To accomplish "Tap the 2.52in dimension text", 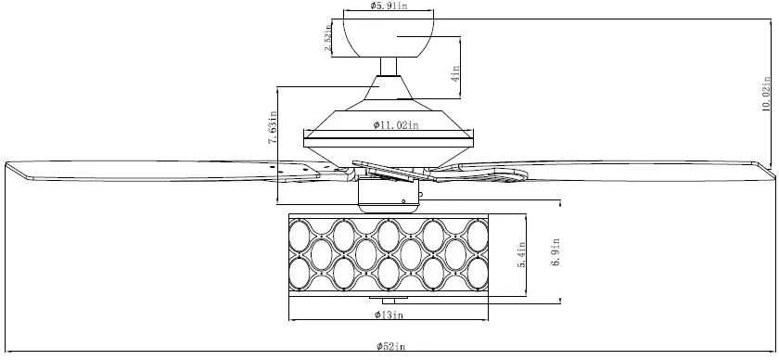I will coord(329,40).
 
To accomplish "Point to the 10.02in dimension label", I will coord(766,93).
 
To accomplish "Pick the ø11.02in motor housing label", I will coord(396,124).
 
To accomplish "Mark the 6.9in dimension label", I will coord(556,251).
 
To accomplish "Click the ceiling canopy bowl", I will coord(389,37).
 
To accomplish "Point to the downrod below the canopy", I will coord(389,66).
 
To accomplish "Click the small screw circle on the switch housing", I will coord(404,199).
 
